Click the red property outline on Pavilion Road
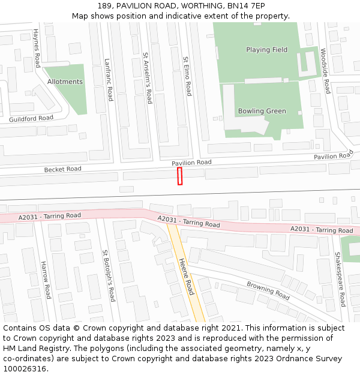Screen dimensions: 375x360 179,176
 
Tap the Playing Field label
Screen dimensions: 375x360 266,50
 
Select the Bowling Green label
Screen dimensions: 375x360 262,111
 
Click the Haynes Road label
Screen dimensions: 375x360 37,47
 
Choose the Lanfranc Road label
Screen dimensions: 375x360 109,79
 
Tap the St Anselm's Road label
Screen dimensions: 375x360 147,78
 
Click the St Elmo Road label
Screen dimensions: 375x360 187,76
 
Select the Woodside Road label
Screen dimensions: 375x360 325,71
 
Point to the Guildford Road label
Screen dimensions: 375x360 31,118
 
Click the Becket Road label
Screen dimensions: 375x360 62,169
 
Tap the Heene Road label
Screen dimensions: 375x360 187,277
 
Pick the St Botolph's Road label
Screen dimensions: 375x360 108,275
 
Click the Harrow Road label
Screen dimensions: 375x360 46,280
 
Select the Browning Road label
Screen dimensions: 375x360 268,290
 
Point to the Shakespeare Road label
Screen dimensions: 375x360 340,279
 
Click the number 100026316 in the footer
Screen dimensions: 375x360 25,368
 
